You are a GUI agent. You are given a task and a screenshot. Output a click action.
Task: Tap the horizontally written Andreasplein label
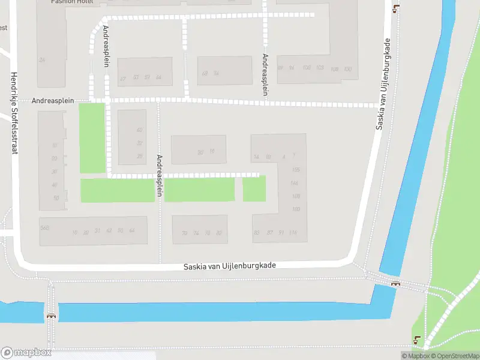tap(53, 101)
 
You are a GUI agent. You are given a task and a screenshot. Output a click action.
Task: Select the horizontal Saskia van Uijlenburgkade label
tap(230, 265)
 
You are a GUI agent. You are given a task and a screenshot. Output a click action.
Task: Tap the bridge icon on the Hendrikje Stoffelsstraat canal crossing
tap(52, 315)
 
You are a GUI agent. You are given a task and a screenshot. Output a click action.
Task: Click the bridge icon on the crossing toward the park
tap(395, 283)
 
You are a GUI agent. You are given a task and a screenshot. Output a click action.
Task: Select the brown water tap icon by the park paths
tap(417, 340)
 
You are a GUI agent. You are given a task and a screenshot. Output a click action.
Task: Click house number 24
tap(42, 60)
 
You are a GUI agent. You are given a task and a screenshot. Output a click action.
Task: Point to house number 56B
tap(44, 228)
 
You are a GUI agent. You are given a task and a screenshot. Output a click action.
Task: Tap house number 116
tap(293, 233)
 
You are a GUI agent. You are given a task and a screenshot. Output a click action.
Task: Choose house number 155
tap(295, 170)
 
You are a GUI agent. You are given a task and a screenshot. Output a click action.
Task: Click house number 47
tap(123, 79)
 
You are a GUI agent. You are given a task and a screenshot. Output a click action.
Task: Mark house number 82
tap(219, 233)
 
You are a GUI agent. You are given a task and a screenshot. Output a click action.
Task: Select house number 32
tap(140, 143)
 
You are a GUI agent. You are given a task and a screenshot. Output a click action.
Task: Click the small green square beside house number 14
tap(254, 189)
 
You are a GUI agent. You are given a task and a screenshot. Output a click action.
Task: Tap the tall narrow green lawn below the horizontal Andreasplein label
tap(92, 138)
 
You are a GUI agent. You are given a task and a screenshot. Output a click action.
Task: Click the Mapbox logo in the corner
tap(26, 353)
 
